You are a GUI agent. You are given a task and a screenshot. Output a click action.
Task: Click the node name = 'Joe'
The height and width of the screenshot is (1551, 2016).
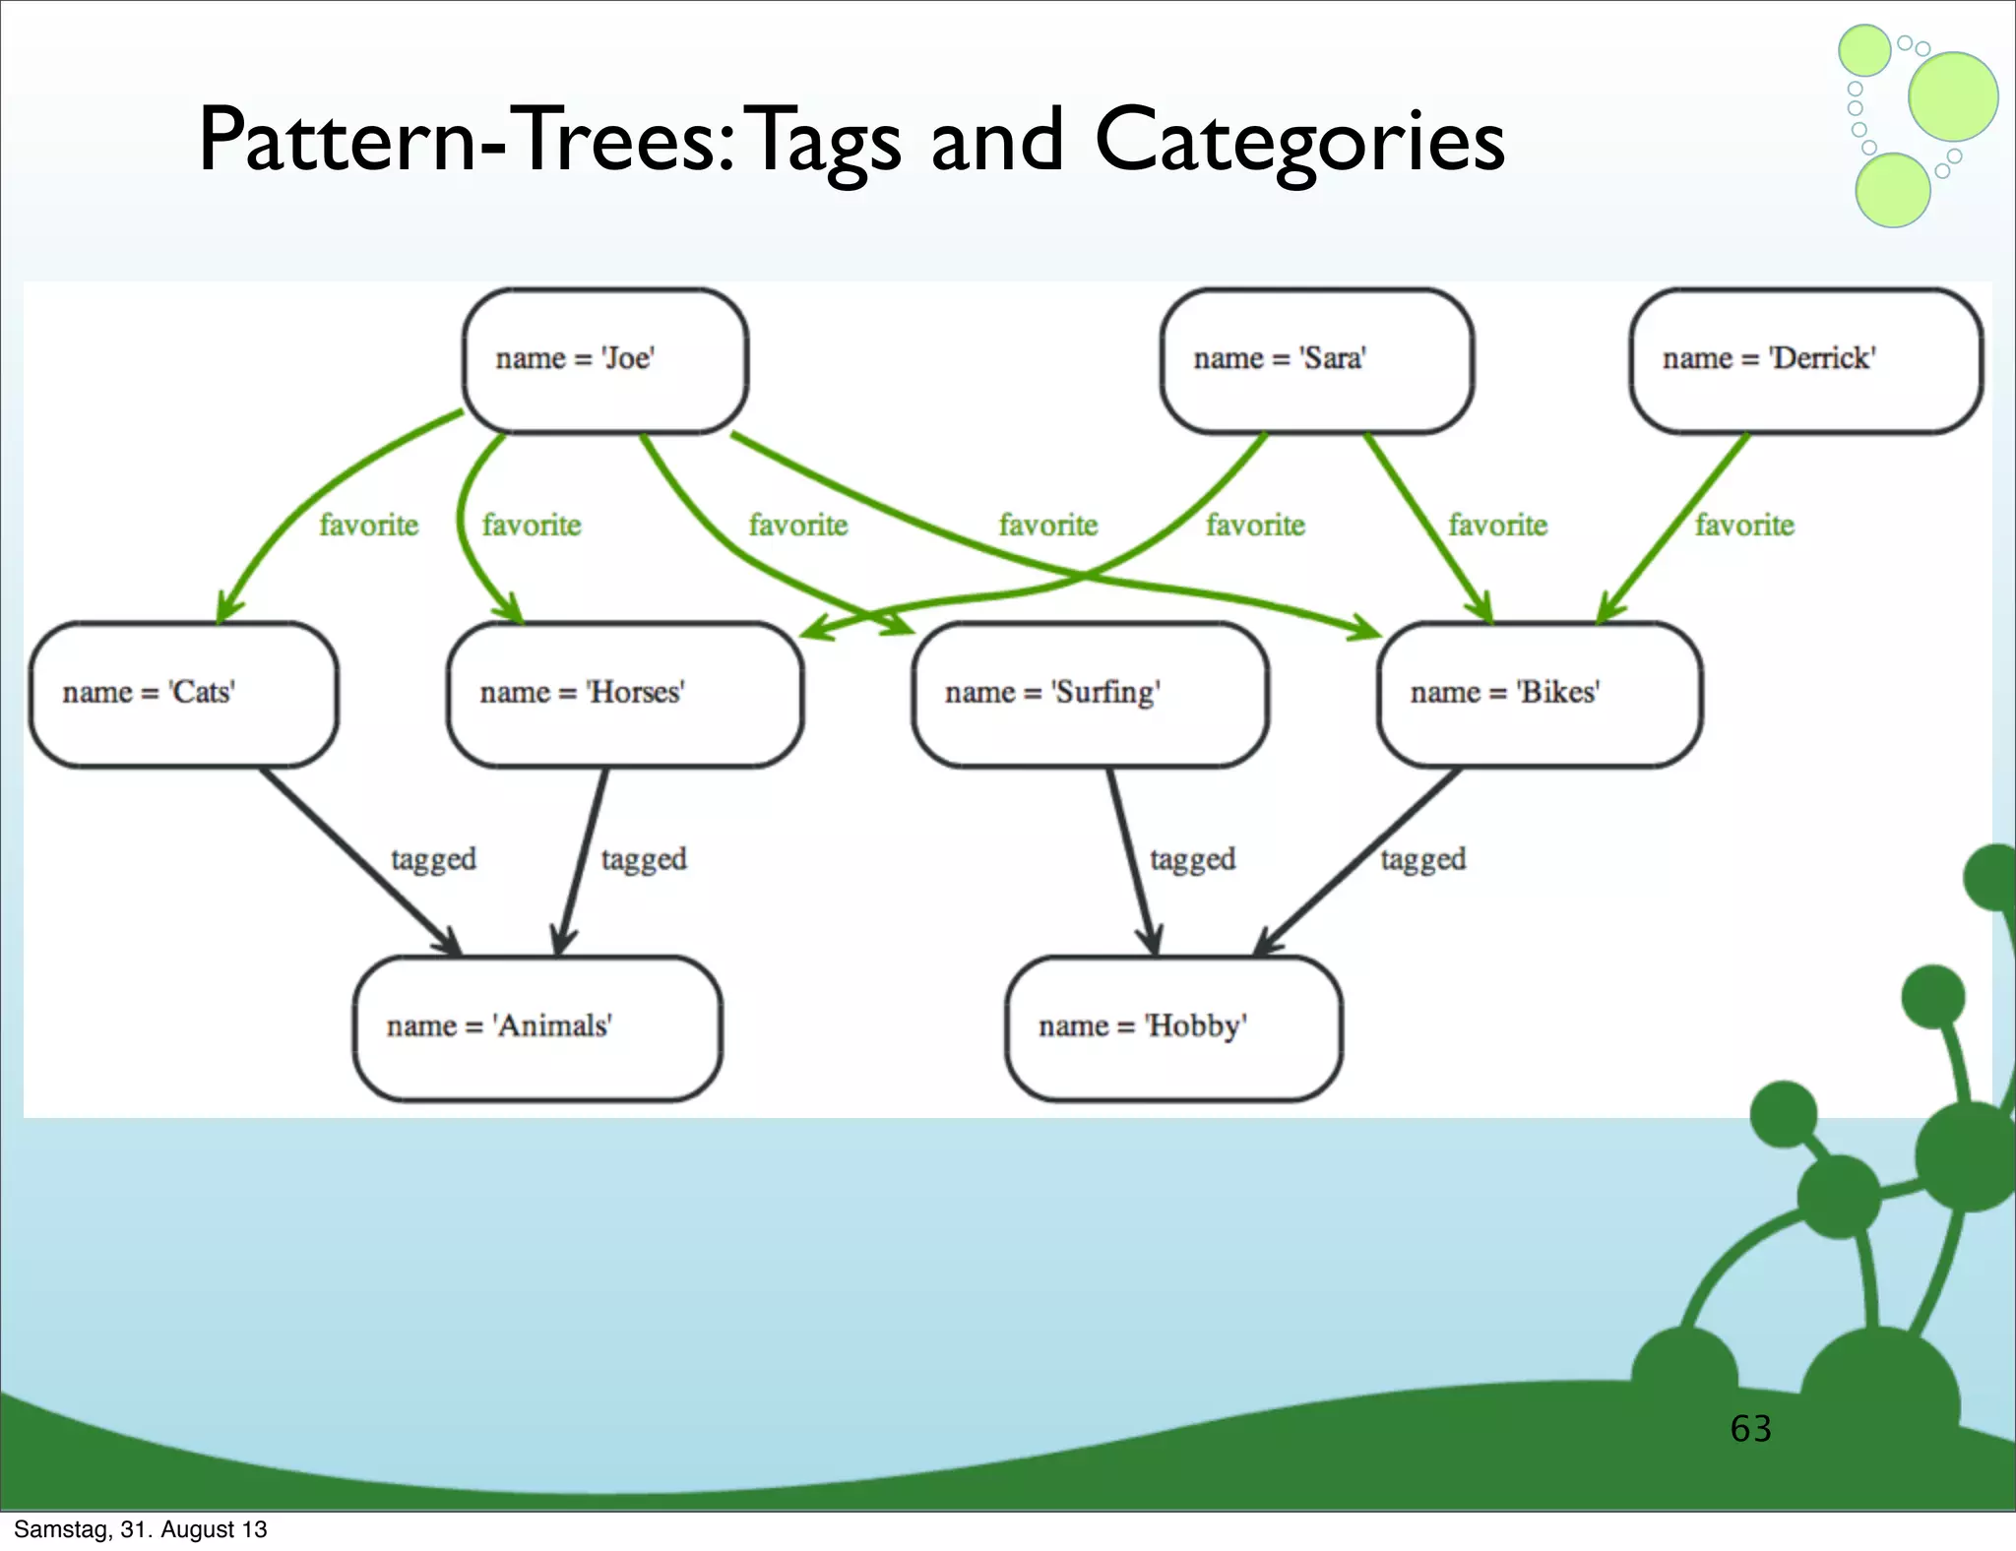604,360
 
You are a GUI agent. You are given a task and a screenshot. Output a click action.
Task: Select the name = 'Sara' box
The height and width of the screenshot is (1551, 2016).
1316,360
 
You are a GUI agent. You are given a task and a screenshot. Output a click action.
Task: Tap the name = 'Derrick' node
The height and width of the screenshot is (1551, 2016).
1805,360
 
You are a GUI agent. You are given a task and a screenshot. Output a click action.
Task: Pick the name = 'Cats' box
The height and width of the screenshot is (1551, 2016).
183,694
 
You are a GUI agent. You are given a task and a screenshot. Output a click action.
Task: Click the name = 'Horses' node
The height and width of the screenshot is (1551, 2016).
624,694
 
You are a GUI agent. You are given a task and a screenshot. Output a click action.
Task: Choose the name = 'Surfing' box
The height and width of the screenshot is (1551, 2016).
1089,694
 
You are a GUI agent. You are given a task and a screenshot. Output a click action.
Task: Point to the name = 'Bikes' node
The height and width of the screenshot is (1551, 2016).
1539,694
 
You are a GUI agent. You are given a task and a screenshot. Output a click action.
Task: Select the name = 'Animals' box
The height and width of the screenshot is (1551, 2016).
536,1027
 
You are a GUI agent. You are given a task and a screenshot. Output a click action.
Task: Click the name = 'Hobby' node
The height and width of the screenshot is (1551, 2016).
1172,1027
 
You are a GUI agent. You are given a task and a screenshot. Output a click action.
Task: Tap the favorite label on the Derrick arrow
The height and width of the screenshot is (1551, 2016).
1744,526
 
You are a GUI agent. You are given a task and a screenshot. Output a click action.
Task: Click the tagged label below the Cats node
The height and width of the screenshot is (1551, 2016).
433,859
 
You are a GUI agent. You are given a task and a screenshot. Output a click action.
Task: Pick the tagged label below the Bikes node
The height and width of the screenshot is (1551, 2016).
1422,859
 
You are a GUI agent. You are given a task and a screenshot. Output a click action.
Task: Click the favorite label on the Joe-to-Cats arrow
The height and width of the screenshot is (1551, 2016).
368,526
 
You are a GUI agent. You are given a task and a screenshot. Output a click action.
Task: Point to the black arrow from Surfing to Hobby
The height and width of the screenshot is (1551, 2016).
1129,856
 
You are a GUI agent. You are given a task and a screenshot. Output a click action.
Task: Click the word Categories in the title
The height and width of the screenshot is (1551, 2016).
1299,141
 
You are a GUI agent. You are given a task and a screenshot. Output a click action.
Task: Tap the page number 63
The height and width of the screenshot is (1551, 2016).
1750,1428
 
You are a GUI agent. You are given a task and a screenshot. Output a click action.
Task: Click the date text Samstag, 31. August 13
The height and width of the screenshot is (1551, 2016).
140,1529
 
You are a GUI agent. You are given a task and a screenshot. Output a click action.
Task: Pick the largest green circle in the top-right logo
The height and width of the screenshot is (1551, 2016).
1952,96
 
